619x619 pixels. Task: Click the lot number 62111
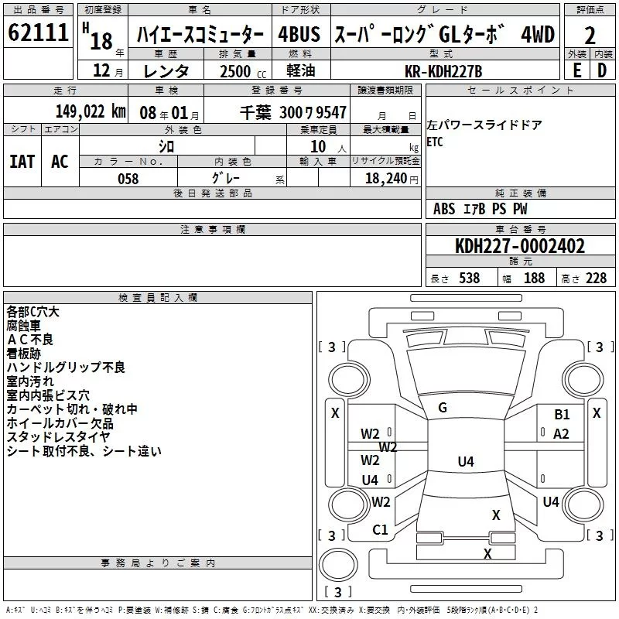(x=38, y=32)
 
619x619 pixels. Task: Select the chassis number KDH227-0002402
(x=520, y=246)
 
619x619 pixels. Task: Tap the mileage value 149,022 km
(x=91, y=111)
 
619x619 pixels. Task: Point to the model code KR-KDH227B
(x=443, y=71)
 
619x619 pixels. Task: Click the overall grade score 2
(x=590, y=36)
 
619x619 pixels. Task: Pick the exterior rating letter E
(x=577, y=70)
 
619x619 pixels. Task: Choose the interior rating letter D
(x=602, y=70)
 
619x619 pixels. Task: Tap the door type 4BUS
(x=299, y=34)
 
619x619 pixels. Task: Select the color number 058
(x=128, y=179)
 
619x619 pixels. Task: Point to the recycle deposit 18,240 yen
(x=392, y=179)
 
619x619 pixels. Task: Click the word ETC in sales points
(x=435, y=142)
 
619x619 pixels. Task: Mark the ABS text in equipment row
(x=444, y=208)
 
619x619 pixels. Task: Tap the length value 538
(x=470, y=278)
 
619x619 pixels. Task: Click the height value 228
(x=596, y=278)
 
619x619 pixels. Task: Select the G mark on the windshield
(x=443, y=408)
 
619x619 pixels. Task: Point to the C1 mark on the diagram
(x=380, y=530)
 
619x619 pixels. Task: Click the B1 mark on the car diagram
(x=562, y=415)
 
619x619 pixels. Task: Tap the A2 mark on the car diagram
(x=561, y=434)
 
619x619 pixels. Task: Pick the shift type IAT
(x=22, y=162)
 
